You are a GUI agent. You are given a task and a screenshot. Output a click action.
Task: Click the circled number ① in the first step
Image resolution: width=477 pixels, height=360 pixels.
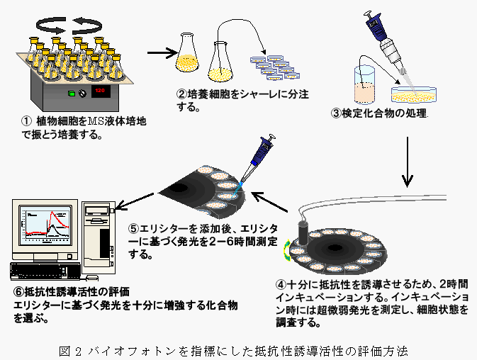point(28,121)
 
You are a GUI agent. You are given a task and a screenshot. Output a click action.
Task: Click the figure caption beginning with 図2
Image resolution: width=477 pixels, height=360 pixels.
point(239,350)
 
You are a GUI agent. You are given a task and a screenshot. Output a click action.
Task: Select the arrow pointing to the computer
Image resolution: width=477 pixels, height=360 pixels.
point(133,203)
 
